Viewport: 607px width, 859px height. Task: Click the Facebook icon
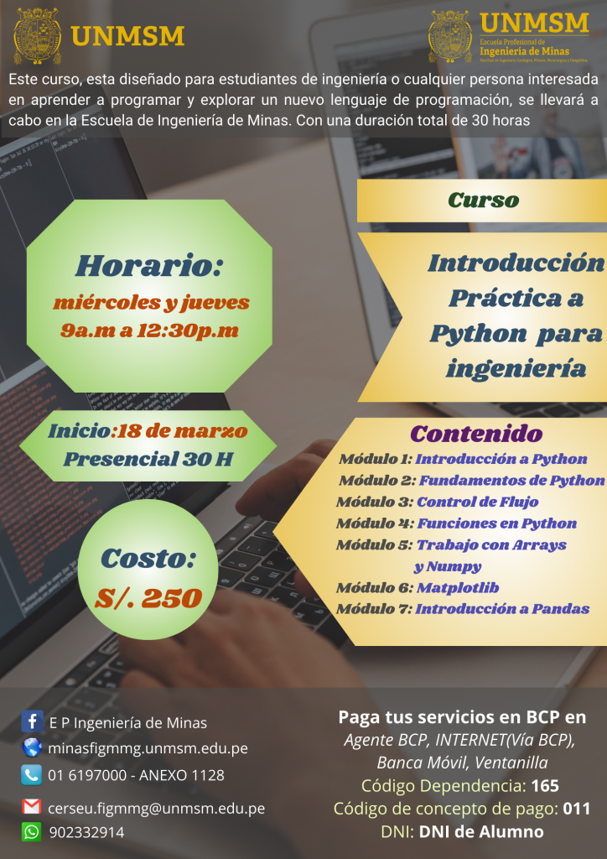coord(32,721)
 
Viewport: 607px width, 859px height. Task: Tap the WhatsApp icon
coord(32,832)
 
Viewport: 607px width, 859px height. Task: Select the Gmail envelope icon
coord(32,808)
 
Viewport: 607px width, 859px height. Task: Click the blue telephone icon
coord(32,774)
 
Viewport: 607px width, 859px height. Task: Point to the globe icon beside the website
coord(32,747)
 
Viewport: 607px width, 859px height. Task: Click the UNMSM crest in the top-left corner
coord(38,36)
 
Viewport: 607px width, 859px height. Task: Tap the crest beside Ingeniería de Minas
coord(450,36)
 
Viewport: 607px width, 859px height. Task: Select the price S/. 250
coord(148,597)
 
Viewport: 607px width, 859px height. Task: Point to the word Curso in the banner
coord(483,200)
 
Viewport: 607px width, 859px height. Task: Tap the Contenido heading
coord(476,435)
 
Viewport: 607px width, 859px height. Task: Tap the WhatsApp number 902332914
coord(86,832)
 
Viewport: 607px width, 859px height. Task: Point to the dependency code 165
coord(545,786)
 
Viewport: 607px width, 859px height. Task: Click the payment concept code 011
coord(576,809)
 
